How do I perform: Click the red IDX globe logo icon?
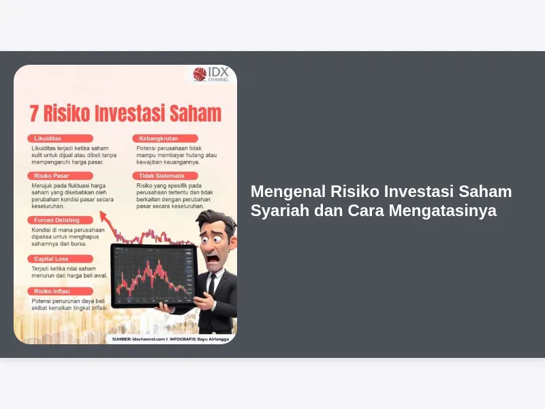pos(200,74)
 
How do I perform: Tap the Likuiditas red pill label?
pos(60,138)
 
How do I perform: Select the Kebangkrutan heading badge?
pos(165,138)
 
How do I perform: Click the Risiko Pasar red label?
pos(60,176)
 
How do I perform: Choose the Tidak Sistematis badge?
pos(165,176)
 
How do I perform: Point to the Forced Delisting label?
pos(60,220)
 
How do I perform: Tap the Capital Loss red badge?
pos(60,259)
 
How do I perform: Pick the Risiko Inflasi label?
pos(60,292)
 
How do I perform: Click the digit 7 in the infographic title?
pos(33,114)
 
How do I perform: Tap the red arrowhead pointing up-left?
pos(104,215)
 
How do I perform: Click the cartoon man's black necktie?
pos(211,284)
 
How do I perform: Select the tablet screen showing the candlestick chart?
pos(154,275)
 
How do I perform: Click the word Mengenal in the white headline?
pos(288,192)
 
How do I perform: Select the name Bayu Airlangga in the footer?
pos(213,339)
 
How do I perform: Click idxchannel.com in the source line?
pos(149,339)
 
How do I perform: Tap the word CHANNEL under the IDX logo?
pos(218,80)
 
